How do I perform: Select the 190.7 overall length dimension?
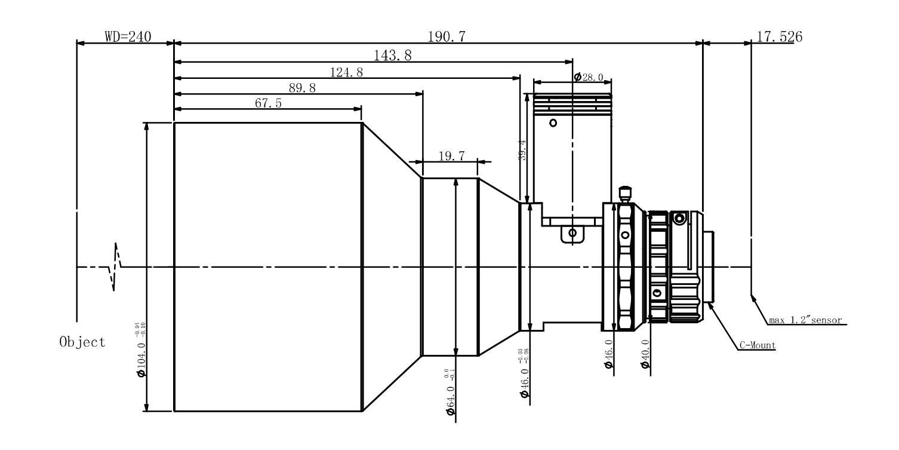pyautogui.click(x=447, y=37)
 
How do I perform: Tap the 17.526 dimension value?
pyautogui.click(x=779, y=37)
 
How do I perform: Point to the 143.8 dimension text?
pyautogui.click(x=392, y=56)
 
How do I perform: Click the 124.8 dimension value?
pyautogui.click(x=347, y=73)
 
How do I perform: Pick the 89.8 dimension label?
pyautogui.click(x=302, y=88)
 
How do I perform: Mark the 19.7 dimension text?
pyautogui.click(x=451, y=157)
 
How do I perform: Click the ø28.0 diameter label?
pyautogui.click(x=589, y=78)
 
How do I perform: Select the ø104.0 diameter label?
pyautogui.click(x=141, y=350)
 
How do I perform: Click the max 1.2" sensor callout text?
pyautogui.click(x=805, y=320)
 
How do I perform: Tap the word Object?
pyautogui.click(x=82, y=342)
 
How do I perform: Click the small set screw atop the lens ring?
pyautogui.click(x=624, y=193)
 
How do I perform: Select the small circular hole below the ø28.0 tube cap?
pyautogui.click(x=553, y=123)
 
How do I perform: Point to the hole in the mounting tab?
pyautogui.click(x=572, y=232)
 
